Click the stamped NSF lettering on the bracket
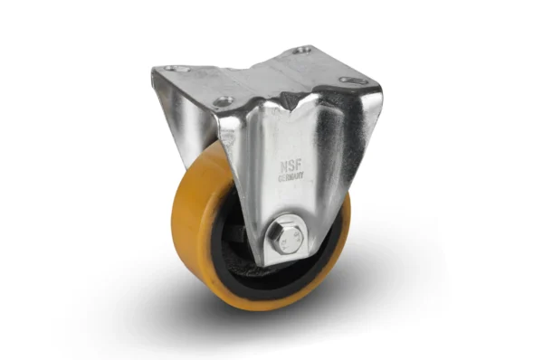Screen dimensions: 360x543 pyautogui.click(x=290, y=167)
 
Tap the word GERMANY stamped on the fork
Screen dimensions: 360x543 pyautogui.click(x=290, y=179)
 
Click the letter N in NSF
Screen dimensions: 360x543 pyautogui.click(x=281, y=167)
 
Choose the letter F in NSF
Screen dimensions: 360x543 pyautogui.click(x=299, y=167)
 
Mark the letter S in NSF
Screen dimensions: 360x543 pyautogui.click(x=290, y=167)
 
